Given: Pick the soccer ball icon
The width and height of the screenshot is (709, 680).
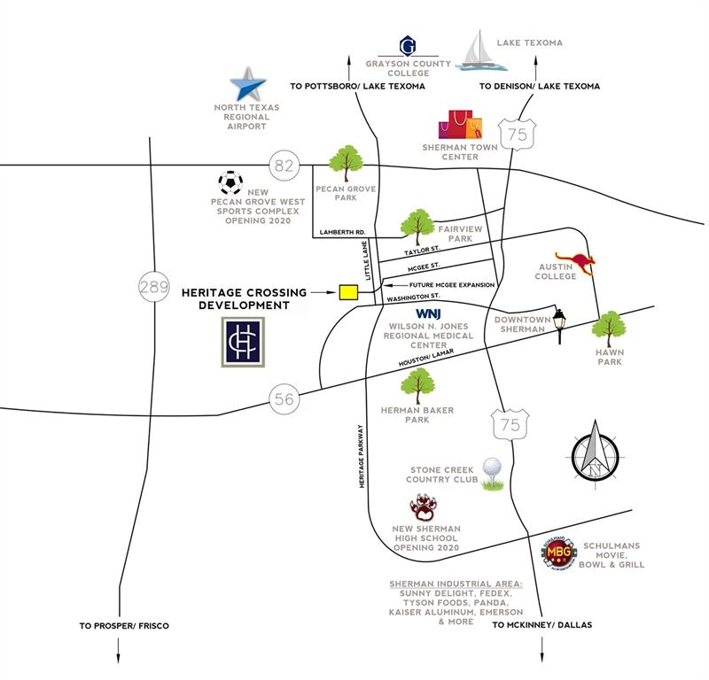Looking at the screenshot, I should (230, 182).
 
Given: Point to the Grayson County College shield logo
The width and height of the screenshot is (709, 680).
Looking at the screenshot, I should (408, 45).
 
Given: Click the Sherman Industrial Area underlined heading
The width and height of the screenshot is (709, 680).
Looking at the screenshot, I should (456, 584).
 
